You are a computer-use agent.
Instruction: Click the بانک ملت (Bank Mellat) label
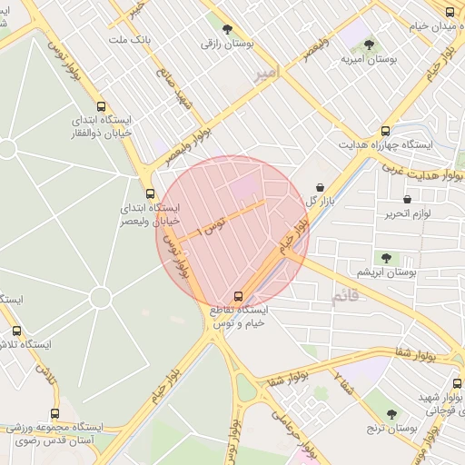point(129,40)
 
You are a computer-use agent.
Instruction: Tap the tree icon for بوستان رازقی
point(226,30)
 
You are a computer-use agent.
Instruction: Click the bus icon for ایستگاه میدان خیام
point(450,12)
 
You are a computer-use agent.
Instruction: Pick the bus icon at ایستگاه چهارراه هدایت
point(386,131)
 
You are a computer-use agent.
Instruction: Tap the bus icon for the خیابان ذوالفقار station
point(100,105)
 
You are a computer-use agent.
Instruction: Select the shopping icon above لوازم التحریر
point(408,198)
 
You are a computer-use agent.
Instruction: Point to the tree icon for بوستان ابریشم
point(388,257)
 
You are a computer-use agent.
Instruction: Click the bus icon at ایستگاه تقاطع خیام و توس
point(238,296)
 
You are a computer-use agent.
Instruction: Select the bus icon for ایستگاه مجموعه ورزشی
point(55,413)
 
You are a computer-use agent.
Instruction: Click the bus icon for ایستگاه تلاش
point(15,331)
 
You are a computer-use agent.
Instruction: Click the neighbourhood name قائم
point(344,295)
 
